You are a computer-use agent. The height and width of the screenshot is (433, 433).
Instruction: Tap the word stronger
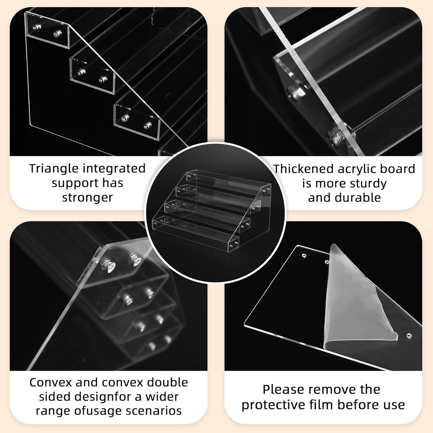click(87, 198)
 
